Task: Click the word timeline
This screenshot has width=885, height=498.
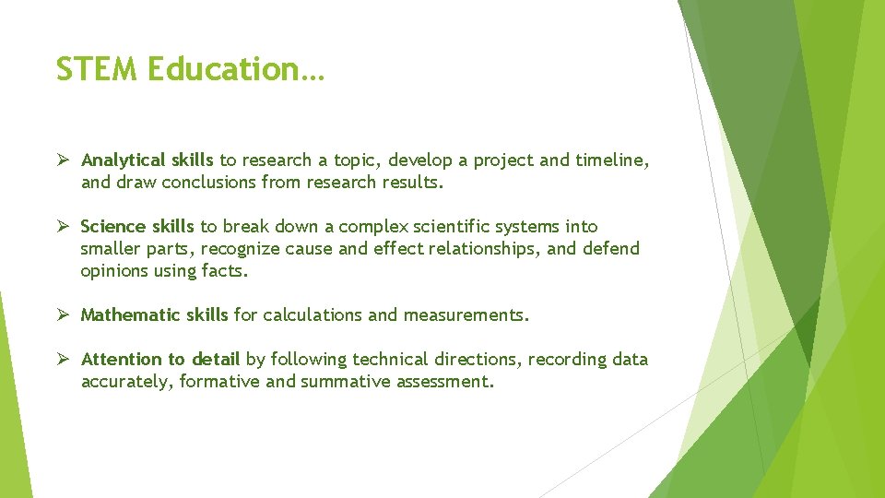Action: tap(612, 160)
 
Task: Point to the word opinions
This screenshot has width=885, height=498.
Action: tap(114, 271)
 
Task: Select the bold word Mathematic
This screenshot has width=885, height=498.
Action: tap(131, 315)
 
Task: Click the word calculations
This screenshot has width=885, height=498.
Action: tap(313, 315)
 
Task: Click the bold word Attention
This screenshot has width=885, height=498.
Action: tap(121, 360)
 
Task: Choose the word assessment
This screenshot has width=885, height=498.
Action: tap(445, 382)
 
